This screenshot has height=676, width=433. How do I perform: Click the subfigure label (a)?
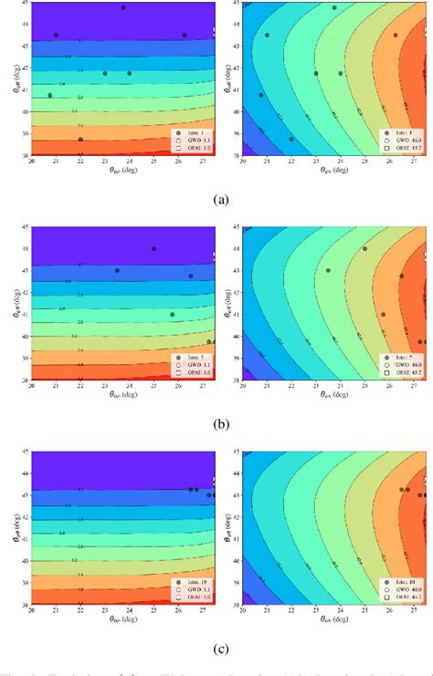click(216, 197)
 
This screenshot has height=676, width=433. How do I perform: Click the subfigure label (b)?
click(216, 423)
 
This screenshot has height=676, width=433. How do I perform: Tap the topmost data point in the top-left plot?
click(123, 7)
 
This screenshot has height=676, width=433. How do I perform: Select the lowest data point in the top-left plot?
click(80, 140)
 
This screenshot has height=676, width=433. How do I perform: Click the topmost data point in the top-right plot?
click(334, 7)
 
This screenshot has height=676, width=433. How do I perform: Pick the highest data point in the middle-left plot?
click(153, 248)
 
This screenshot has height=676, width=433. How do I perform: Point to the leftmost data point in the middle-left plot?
click(117, 270)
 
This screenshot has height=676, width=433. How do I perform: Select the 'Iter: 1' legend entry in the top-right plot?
click(401, 133)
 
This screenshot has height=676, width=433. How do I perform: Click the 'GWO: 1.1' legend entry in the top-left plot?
click(192, 141)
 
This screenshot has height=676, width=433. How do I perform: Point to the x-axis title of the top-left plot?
click(124, 170)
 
